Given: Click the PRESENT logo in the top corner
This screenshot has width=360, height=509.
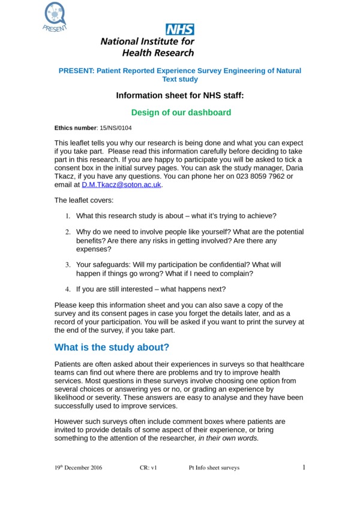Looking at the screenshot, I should [x=55, y=16].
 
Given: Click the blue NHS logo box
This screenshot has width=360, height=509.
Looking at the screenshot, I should [x=180, y=29].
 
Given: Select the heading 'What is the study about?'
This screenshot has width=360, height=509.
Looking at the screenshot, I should [x=112, y=348].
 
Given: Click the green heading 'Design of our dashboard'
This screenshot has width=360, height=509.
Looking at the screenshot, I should [x=181, y=112].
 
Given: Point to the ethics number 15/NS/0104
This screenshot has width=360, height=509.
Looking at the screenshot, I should [x=116, y=128].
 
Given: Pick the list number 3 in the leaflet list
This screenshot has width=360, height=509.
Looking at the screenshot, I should [x=68, y=264].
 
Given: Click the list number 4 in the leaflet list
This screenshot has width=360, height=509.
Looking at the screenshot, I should [x=68, y=290].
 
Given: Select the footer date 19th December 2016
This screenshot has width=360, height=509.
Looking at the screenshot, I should [x=78, y=468].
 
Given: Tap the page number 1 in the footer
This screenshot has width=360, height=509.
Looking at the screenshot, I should [x=304, y=467].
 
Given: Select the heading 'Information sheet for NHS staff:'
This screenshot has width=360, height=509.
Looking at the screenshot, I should [x=180, y=95].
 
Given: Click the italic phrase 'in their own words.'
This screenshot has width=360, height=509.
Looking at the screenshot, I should [x=228, y=438].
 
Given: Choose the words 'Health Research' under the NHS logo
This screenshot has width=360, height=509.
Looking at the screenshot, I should [x=147, y=53].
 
